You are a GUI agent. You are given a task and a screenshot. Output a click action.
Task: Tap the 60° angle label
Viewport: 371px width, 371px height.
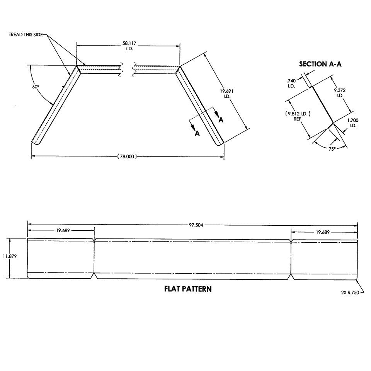36,87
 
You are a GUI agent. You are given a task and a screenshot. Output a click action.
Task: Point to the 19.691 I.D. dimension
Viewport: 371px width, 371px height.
225,93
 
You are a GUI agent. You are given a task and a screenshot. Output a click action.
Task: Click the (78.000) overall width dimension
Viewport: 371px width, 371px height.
127,157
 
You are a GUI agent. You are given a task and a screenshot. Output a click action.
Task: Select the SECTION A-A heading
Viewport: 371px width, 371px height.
320,64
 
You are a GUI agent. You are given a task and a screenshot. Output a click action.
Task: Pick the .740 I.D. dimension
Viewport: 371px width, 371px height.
291,83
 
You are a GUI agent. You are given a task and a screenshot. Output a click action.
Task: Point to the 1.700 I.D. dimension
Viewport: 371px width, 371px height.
352,123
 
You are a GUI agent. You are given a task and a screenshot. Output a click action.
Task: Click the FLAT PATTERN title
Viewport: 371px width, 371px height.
188,289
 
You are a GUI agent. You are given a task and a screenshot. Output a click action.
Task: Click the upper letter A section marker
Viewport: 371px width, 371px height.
221,120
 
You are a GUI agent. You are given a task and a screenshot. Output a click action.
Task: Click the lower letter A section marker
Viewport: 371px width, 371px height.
197,133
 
